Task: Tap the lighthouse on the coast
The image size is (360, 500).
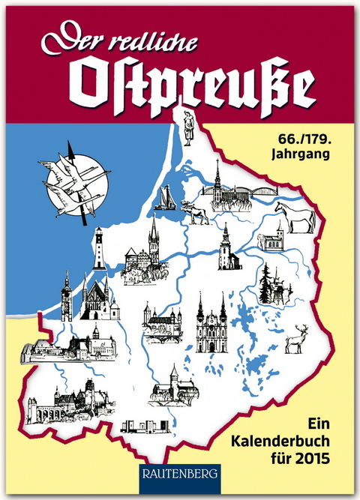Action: (x=99, y=249)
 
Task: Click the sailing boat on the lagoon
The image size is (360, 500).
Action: (x=165, y=198)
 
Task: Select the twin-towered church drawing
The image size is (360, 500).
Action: (x=211, y=323)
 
